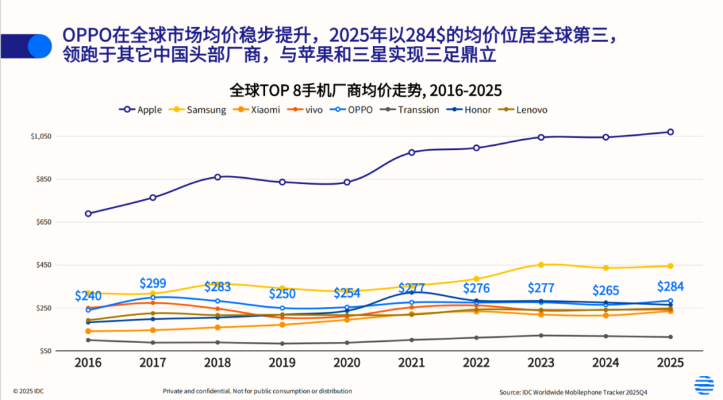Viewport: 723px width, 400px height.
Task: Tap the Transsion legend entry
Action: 412,110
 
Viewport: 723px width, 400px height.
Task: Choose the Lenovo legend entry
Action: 525,110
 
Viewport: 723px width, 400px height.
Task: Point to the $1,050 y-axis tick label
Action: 41,136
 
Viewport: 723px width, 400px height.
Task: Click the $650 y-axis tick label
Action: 44,222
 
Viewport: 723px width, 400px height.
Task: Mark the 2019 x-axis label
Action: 282,363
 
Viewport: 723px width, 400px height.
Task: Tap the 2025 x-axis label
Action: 670,363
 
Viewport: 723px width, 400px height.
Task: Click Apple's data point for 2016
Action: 88,213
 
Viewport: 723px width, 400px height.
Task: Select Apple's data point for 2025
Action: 670,132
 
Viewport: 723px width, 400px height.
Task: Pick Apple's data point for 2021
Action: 412,152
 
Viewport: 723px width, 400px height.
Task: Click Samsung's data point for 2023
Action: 541,265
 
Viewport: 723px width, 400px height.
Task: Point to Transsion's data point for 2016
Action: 88,340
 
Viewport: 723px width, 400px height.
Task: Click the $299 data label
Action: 153,283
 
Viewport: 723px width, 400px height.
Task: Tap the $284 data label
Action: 670,286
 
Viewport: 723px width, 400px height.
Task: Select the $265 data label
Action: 606,290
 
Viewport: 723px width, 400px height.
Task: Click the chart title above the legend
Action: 366,90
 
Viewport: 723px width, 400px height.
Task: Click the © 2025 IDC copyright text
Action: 33,391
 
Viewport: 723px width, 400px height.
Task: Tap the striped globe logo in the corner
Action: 704,385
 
